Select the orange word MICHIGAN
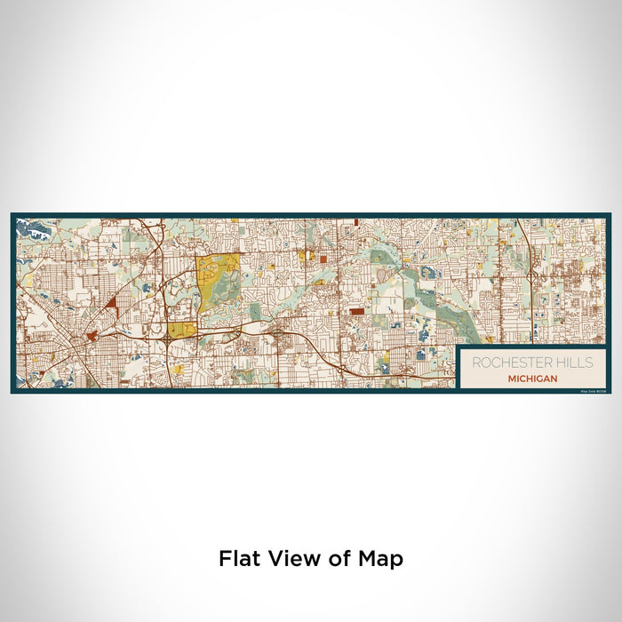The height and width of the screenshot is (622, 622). tap(533, 379)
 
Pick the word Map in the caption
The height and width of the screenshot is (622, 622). tap(383, 559)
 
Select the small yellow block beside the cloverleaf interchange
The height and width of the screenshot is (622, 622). tap(185, 331)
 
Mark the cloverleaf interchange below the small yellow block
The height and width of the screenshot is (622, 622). tap(168, 339)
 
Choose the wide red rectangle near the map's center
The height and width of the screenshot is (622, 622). tap(356, 312)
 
